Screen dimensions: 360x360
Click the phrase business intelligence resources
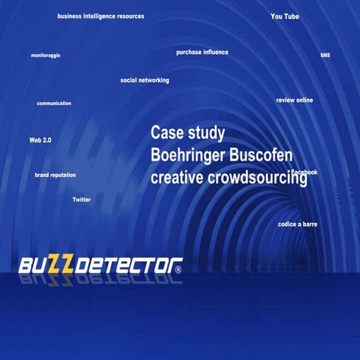pyautogui.click(x=100, y=16)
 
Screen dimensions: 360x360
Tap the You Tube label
pyautogui.click(x=285, y=16)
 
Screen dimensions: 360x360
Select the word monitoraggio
pyautogui.click(x=46, y=55)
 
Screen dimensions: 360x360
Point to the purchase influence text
pyautogui.click(x=202, y=52)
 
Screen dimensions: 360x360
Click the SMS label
pyautogui.click(x=325, y=55)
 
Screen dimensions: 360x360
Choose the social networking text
pyautogui.click(x=145, y=80)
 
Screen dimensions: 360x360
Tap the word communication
pyautogui.click(x=54, y=103)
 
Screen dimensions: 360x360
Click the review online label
pyautogui.click(x=295, y=100)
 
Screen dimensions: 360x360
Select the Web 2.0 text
pyautogui.click(x=40, y=140)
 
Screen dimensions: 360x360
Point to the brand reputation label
pyautogui.click(x=55, y=175)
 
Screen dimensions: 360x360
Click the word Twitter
pyautogui.click(x=81, y=199)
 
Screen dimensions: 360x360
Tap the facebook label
pyautogui.click(x=304, y=172)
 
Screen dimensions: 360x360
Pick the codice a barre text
pyautogui.click(x=298, y=224)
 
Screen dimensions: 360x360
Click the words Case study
pyautogui.click(x=187, y=133)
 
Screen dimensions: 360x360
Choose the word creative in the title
pyautogui.click(x=173, y=178)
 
